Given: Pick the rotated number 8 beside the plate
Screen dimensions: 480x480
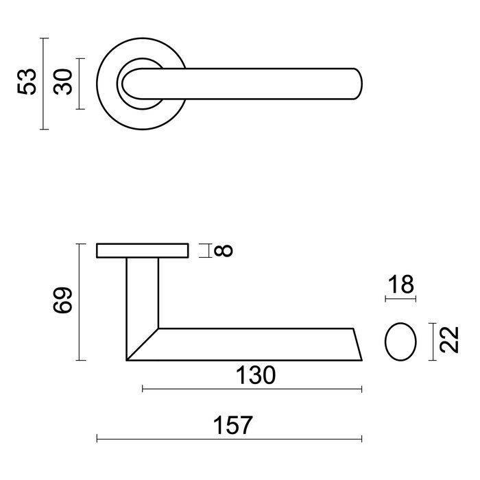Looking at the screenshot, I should [x=223, y=250].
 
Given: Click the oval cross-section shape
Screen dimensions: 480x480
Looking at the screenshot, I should [x=400, y=341].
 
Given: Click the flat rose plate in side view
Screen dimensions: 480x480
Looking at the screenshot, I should [x=143, y=250].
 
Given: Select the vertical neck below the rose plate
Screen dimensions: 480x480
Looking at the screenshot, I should [x=143, y=295].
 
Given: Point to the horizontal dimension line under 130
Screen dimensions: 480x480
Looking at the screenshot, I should [x=252, y=389].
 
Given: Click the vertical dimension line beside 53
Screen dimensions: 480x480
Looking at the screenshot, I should [x=44, y=84].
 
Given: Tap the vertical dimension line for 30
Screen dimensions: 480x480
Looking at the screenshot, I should [x=81, y=84].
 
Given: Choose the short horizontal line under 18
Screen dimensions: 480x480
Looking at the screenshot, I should [x=400, y=300].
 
